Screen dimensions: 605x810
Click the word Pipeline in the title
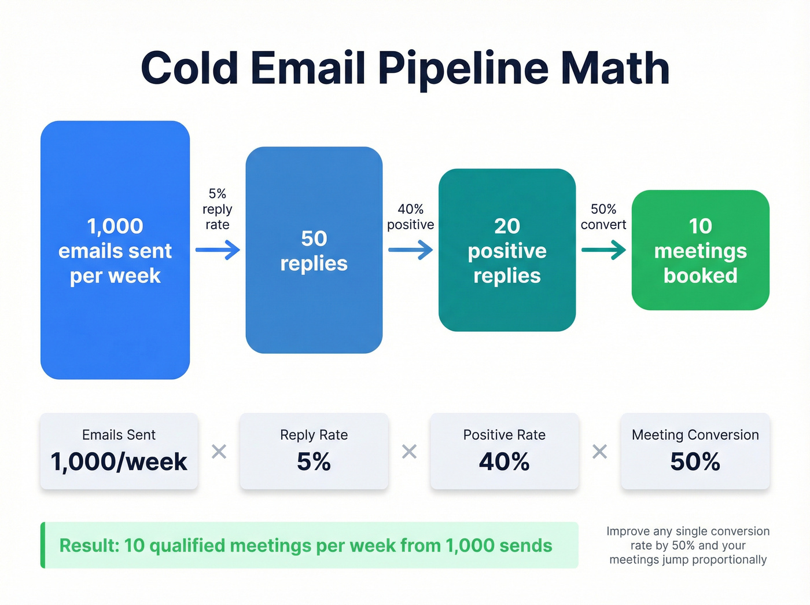[463, 68]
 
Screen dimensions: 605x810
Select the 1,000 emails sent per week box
[115, 250]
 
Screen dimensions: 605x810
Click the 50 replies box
[314, 250]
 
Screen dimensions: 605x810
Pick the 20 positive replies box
[507, 250]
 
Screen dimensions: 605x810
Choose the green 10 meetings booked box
[700, 250]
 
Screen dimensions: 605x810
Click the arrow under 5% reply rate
[218, 250]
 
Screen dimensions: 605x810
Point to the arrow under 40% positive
[410, 250]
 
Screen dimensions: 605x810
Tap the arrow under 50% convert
[603, 250]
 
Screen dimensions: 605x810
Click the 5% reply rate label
[218, 209]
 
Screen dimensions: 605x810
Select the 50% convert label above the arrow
[603, 217]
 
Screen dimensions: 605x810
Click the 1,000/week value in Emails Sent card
[119, 462]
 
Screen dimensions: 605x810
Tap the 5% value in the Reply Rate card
[314, 462]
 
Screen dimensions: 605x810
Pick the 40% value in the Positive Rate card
[504, 462]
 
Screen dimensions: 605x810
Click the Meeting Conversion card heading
[695, 435]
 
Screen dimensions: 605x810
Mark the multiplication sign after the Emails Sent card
[219, 451]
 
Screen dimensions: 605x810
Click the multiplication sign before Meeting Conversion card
[600, 451]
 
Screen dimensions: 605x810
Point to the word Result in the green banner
[89, 545]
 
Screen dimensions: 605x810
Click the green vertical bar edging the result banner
[43, 545]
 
